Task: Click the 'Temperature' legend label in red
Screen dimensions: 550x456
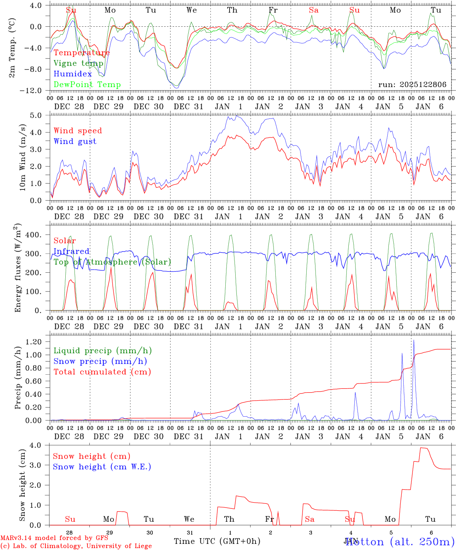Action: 82,53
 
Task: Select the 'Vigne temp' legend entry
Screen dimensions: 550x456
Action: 78,63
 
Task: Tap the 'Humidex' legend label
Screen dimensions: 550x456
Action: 73,74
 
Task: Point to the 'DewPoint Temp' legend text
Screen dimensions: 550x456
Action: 87,85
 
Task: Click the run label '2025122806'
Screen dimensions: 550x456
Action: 412,85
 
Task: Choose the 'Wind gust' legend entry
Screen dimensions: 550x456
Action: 75,141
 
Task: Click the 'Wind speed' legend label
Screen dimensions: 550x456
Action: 78,131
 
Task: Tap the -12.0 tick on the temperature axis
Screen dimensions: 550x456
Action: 37,91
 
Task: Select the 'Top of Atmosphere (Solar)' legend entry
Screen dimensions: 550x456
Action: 112,262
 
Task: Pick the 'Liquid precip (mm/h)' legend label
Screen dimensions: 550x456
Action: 103,351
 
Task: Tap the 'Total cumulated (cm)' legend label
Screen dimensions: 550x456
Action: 102,372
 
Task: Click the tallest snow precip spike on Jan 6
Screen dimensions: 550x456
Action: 414,341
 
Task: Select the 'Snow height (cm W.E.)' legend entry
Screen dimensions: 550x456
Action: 102,467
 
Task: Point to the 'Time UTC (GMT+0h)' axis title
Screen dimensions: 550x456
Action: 217,541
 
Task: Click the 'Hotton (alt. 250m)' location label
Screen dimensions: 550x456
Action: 400,542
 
